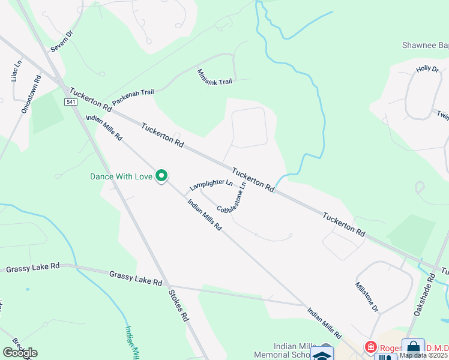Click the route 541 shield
(71, 103)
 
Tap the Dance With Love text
(121, 176)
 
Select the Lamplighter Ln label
(211, 185)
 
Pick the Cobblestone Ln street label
(232, 199)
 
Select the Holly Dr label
(427, 70)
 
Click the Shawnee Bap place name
(425, 46)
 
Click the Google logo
(20, 353)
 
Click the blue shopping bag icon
(413, 347)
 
